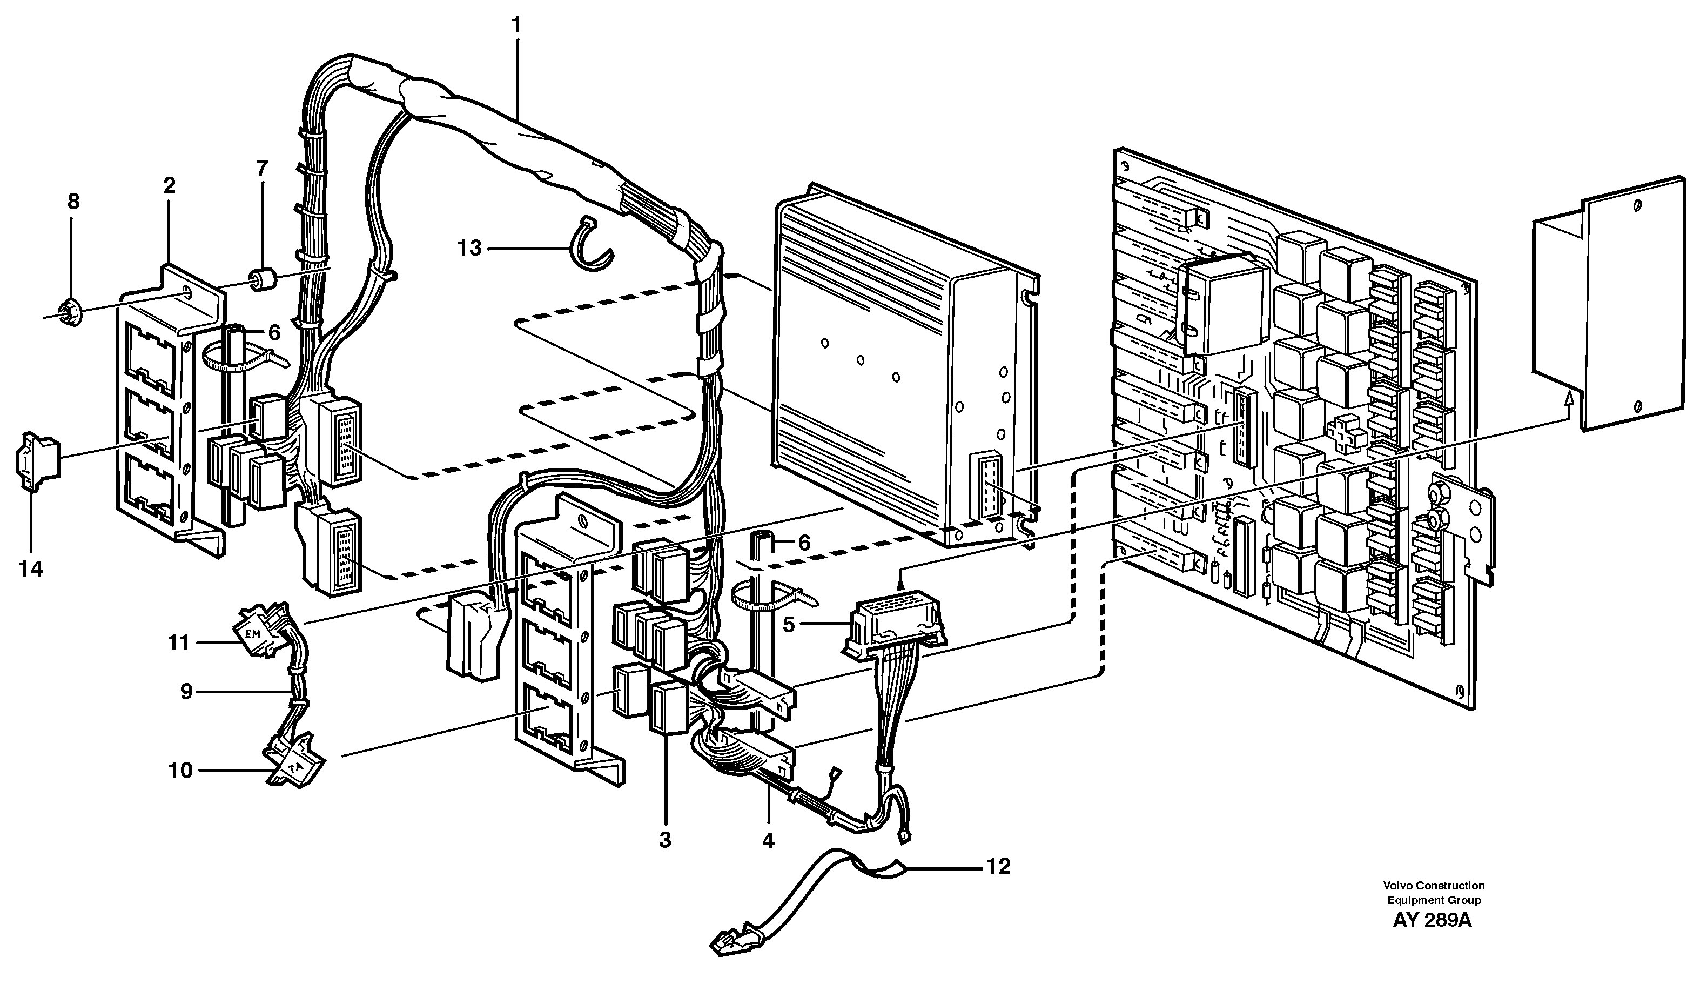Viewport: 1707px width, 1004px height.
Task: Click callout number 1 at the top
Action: pyautogui.click(x=517, y=26)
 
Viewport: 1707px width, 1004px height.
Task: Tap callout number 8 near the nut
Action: pyautogui.click(x=73, y=201)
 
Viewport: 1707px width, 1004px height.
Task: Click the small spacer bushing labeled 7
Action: pyautogui.click(x=260, y=280)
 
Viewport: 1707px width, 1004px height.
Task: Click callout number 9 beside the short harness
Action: pyautogui.click(x=186, y=691)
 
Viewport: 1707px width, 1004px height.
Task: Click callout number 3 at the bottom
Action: pyautogui.click(x=665, y=840)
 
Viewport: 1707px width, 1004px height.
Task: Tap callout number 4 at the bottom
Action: pyautogui.click(x=768, y=841)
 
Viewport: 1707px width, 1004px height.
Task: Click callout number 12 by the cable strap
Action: pyautogui.click(x=998, y=866)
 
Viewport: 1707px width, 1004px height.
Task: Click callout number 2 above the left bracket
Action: pyautogui.click(x=169, y=185)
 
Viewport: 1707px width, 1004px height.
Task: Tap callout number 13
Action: pyautogui.click(x=469, y=249)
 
